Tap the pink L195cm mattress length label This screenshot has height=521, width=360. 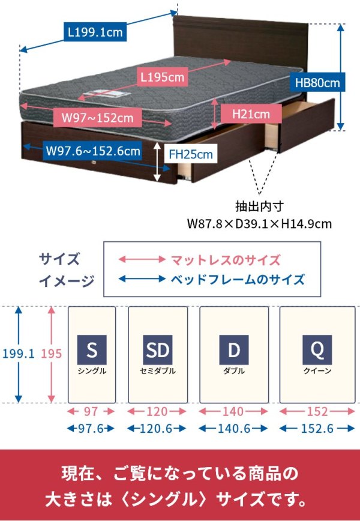click(162, 77)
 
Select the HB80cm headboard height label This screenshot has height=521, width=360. click(317, 82)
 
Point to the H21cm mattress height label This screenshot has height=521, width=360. click(248, 113)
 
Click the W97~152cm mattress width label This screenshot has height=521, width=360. click(93, 118)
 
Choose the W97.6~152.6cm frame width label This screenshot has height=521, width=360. click(93, 151)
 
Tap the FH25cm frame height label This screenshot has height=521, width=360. click(191, 154)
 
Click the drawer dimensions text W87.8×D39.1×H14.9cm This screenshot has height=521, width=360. click(259, 224)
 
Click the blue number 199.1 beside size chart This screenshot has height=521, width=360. click(19, 354)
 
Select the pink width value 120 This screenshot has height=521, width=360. click(157, 412)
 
